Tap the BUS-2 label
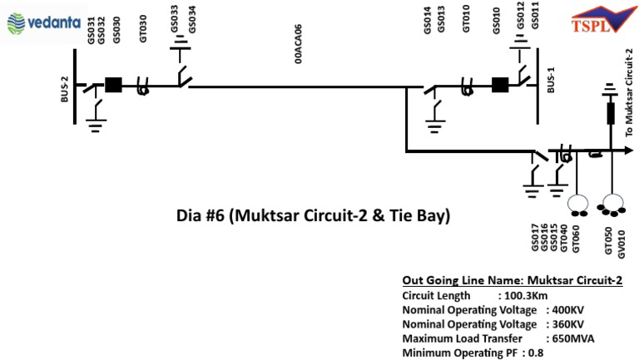pos(65,91)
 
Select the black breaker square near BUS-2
pos(114,85)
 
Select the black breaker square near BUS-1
pos(500,85)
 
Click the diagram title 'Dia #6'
pos(313,216)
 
